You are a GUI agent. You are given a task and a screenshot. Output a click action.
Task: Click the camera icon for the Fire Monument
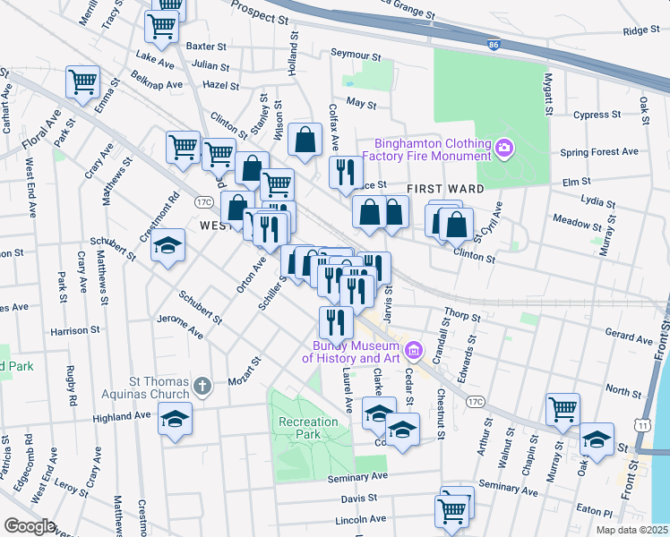pos(503,146)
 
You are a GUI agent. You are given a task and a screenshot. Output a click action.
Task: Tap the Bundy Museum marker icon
pos(413,348)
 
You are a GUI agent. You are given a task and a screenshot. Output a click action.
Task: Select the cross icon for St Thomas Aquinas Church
pos(203,388)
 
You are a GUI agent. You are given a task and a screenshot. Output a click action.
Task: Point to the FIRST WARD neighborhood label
pos(445,189)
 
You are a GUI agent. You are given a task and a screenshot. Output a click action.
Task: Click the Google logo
pos(30,525)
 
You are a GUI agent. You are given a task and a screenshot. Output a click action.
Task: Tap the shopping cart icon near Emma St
pos(82,81)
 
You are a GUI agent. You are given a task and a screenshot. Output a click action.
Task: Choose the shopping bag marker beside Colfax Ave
pos(305,139)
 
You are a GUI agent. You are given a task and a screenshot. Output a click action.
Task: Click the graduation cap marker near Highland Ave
pos(175,418)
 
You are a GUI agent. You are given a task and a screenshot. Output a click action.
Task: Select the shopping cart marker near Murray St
pos(563,408)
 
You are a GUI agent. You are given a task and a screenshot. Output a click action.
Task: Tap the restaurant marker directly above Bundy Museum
pos(336,320)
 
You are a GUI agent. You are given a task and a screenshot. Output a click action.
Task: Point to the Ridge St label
pos(640,30)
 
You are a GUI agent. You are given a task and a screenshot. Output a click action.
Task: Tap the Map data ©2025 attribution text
pos(631,530)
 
